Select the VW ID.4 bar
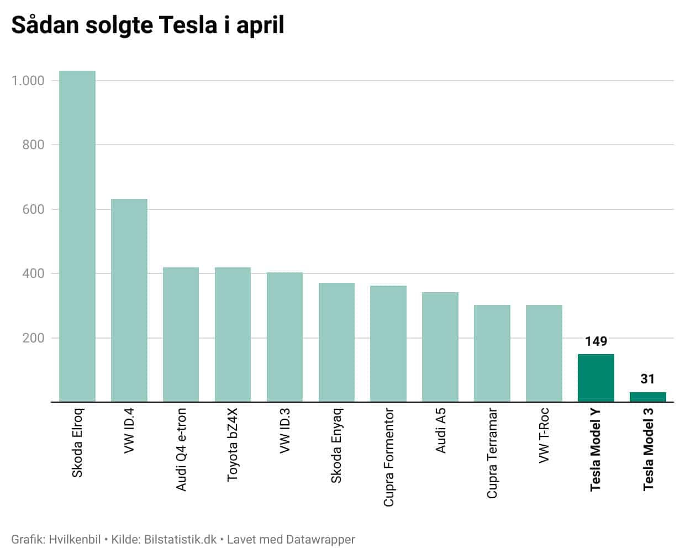point(129,300)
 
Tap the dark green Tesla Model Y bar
point(596,378)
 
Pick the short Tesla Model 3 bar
point(647,397)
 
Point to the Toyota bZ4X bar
point(233,335)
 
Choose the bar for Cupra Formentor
point(388,344)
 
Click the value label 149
point(596,341)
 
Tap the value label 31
point(647,379)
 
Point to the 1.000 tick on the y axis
point(28,81)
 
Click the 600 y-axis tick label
point(33,209)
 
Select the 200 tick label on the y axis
point(33,338)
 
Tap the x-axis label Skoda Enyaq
point(336,445)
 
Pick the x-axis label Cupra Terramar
point(492,453)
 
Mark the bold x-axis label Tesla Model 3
point(648,449)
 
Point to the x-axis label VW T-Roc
point(544,435)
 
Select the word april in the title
point(260,27)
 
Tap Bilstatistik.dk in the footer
point(180,539)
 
